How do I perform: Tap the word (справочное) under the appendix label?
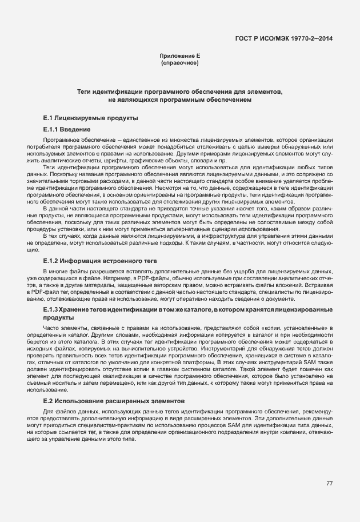(x=180, y=62)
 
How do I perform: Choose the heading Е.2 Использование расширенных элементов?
(x=109, y=401)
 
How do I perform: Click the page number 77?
(x=329, y=484)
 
